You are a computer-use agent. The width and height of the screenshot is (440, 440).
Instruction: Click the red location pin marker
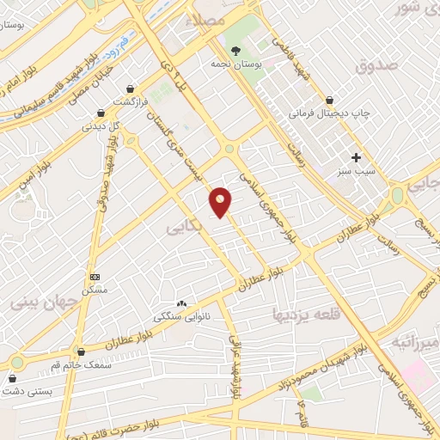[x=221, y=202]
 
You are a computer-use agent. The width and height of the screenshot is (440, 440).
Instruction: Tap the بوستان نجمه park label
[x=236, y=64]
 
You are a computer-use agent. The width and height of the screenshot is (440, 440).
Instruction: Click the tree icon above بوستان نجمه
[x=237, y=50]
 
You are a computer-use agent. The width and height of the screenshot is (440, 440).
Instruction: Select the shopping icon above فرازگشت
[x=131, y=89]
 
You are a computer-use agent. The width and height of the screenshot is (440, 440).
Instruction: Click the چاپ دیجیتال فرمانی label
[x=322, y=113]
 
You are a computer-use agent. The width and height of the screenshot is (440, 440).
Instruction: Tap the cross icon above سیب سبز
[x=356, y=157]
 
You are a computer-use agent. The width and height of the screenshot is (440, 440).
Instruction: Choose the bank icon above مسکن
[x=95, y=277]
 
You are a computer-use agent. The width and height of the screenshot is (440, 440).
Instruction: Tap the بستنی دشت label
[x=27, y=391]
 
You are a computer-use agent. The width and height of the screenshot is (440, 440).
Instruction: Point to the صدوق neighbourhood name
[x=376, y=64]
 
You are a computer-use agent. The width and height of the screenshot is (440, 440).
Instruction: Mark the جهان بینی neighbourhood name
[x=38, y=302]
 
